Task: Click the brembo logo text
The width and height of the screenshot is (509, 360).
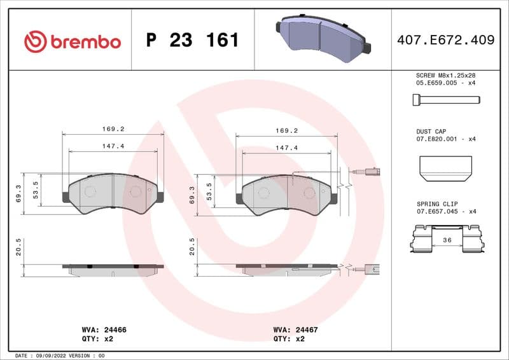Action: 84,42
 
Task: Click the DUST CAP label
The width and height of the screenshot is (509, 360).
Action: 432,130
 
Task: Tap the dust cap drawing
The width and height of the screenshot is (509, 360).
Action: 445,167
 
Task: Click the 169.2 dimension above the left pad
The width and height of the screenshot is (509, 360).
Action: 113,128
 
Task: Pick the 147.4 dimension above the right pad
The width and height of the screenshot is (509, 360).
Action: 286,148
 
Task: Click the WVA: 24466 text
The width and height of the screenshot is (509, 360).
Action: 104,330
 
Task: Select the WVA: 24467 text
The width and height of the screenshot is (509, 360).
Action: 295,330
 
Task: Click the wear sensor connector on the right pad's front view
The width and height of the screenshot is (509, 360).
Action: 371,170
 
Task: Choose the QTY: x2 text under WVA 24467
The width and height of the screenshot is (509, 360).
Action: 289,339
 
